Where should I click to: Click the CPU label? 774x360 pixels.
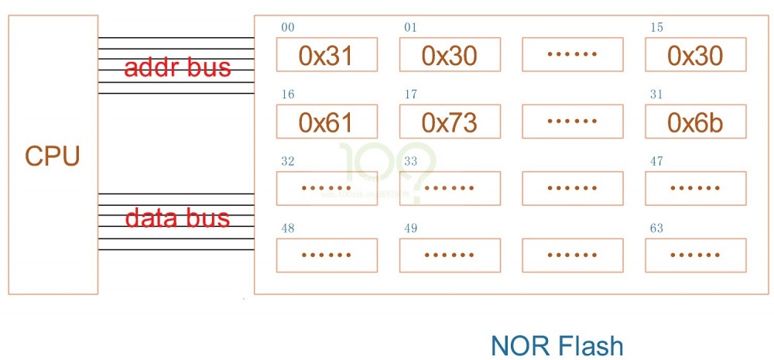pos(53,156)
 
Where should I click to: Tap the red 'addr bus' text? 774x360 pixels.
pos(177,67)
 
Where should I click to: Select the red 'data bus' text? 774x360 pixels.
pos(177,218)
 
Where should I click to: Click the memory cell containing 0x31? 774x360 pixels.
pos(327,55)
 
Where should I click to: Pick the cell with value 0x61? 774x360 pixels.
pos(327,122)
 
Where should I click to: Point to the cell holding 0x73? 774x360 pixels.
pos(450,122)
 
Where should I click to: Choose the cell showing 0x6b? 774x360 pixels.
pos(695,122)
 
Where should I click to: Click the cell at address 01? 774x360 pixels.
pos(450,55)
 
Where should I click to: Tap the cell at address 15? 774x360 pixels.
pos(695,55)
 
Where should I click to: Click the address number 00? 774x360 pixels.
pos(287,28)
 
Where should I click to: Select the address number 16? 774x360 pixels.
pos(287,95)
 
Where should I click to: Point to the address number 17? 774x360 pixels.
pos(410,95)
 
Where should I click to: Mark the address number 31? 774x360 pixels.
pos(656,95)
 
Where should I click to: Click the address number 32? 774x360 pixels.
pos(287,162)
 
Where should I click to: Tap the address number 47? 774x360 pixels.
pos(656,162)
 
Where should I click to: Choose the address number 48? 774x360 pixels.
pos(287,229)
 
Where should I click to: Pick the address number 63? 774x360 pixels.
pos(656,229)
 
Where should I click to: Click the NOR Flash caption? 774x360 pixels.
pos(557,345)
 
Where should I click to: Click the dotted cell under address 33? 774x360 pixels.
pos(450,188)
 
